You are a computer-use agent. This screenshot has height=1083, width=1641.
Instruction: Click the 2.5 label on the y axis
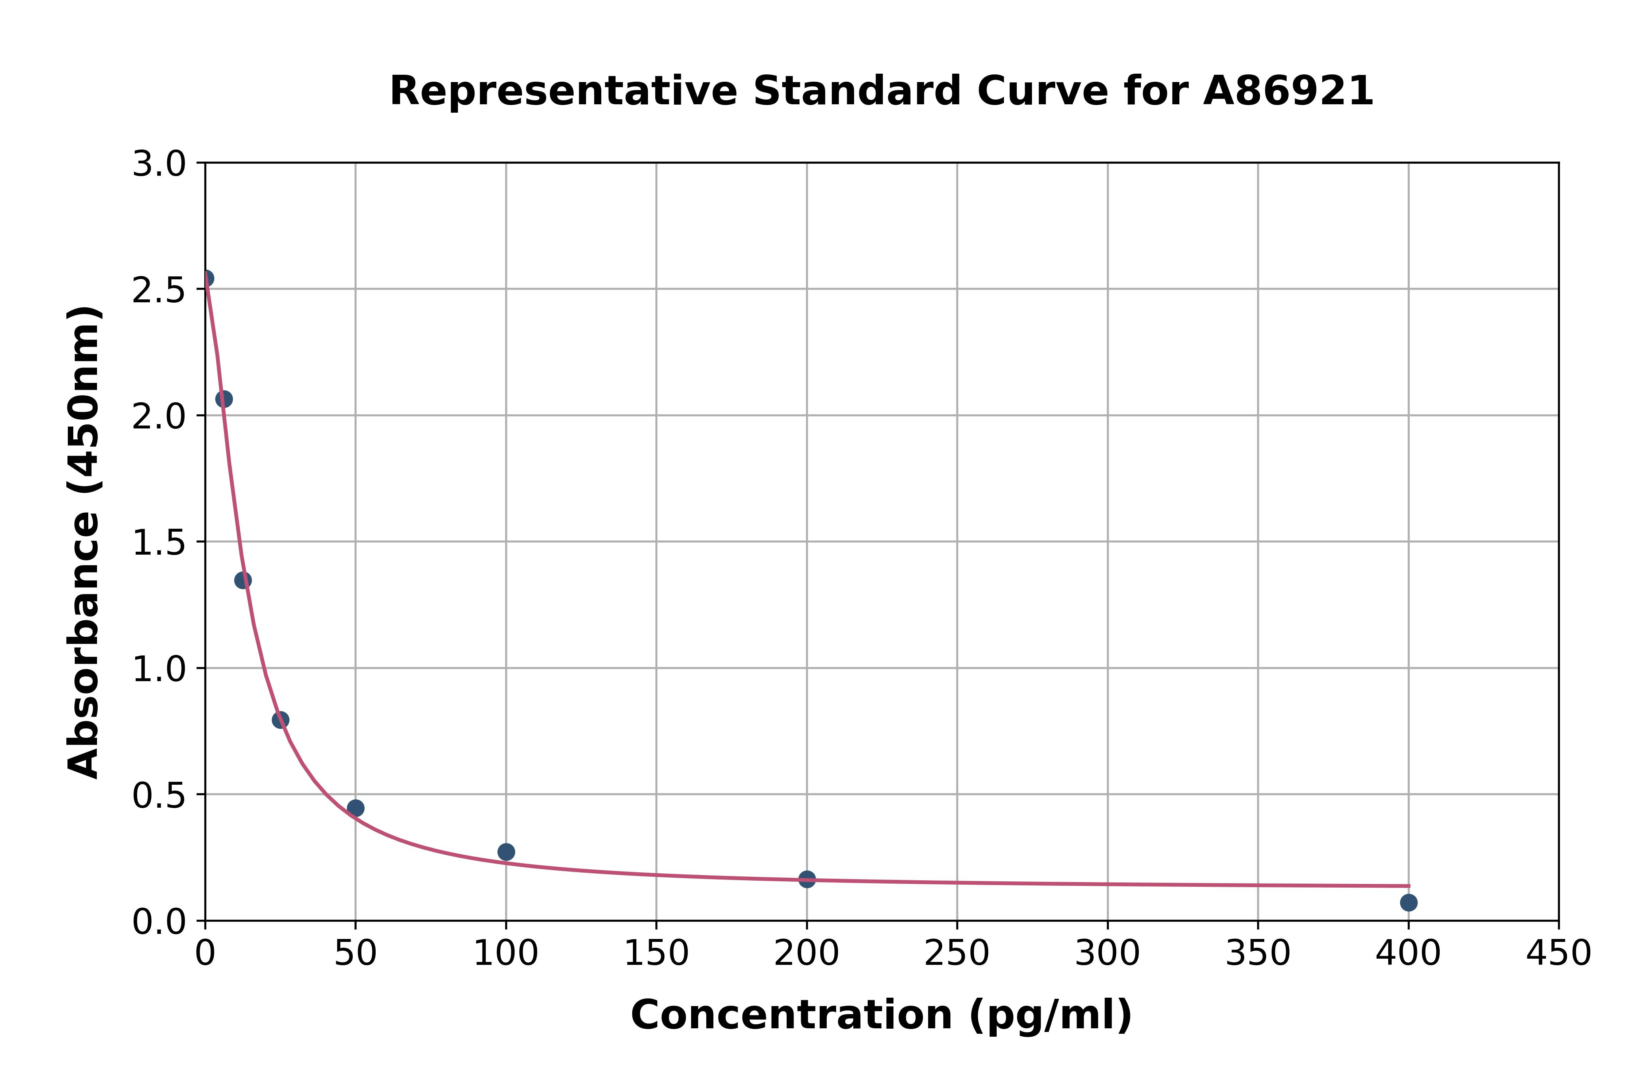coord(159,291)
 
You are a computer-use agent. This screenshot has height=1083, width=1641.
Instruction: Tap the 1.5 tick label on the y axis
coord(159,543)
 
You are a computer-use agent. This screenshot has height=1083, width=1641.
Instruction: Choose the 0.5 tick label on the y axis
coord(159,796)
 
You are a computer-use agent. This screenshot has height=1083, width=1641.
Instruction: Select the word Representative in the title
coord(563,91)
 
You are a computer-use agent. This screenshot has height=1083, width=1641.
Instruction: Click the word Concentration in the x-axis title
coord(791,1015)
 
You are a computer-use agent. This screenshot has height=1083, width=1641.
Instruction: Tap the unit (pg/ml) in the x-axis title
coord(1050,1015)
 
